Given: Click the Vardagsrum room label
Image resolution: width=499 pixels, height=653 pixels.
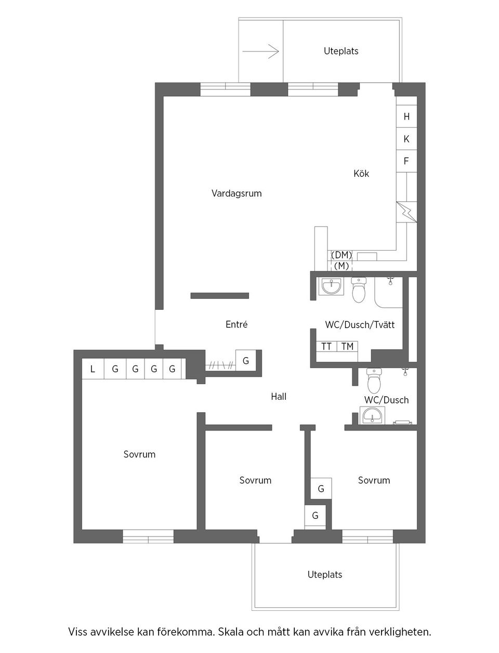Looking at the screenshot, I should click(x=237, y=193).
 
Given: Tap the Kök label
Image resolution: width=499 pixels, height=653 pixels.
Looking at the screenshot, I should click(x=361, y=174).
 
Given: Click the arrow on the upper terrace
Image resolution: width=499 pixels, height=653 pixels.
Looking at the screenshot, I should click(x=261, y=51).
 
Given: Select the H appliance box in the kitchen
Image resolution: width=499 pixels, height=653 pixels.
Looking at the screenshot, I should click(x=406, y=117).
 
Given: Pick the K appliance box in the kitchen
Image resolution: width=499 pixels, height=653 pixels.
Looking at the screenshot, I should click(x=406, y=139).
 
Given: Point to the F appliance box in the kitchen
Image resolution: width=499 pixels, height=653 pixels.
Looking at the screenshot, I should click(x=406, y=162).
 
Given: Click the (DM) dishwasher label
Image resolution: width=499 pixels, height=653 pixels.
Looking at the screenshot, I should click(x=342, y=255).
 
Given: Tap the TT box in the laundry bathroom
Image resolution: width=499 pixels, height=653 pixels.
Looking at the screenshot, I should click(x=326, y=346).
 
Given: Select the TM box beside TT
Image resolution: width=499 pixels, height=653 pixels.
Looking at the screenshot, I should click(x=347, y=346).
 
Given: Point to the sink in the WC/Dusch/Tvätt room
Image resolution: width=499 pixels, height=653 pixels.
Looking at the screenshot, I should click(x=331, y=286).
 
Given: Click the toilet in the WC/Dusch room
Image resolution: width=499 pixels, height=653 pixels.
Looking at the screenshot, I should click(x=374, y=382).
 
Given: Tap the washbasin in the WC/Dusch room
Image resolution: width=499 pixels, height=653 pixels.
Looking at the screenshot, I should click(x=373, y=415).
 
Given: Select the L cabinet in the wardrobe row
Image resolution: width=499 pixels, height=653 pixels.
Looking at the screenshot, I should click(x=93, y=369).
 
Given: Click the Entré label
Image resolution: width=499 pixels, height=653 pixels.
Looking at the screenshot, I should click(x=237, y=324).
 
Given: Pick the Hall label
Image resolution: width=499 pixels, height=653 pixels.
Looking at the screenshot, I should click(x=279, y=397).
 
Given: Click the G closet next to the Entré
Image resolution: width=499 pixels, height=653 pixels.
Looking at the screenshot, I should click(x=246, y=360).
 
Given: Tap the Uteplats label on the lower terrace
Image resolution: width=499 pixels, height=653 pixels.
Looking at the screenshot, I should click(x=325, y=574).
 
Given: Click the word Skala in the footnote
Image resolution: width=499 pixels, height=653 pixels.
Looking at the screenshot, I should click(x=232, y=633).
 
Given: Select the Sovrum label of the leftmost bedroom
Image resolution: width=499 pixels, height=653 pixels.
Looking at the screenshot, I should click(x=139, y=454).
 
